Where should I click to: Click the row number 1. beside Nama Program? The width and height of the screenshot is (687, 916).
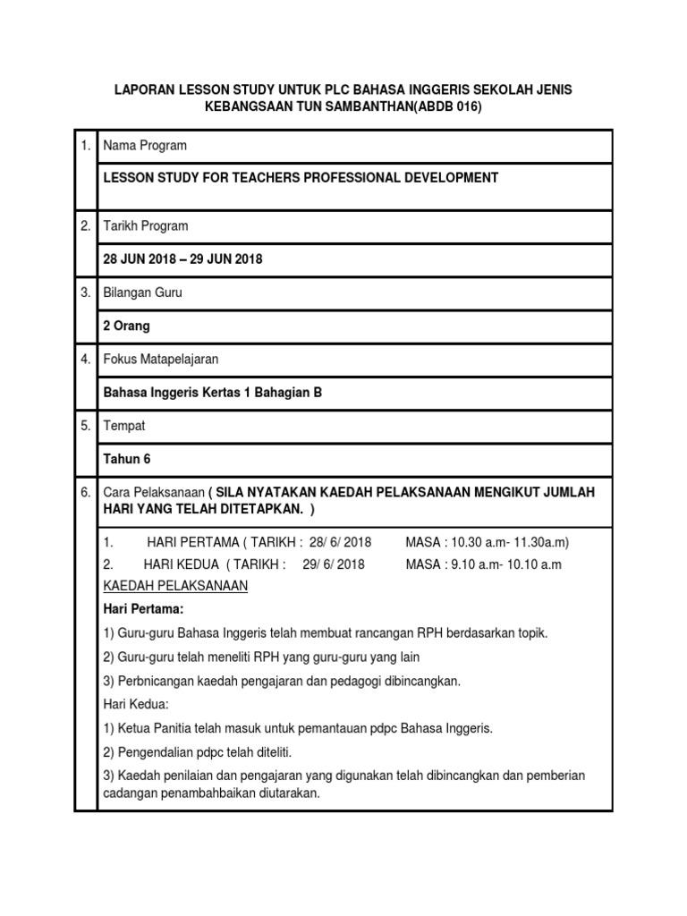pyautogui.click(x=86, y=146)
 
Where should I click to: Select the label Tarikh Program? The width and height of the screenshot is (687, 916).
pyautogui.click(x=146, y=226)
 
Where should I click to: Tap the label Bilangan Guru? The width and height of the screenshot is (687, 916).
pyautogui.click(x=143, y=293)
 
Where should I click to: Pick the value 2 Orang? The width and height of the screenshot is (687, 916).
pyautogui.click(x=127, y=327)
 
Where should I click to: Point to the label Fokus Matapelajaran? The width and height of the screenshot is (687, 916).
pyautogui.click(x=161, y=360)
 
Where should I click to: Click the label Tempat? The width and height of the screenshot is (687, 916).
pyautogui.click(x=124, y=426)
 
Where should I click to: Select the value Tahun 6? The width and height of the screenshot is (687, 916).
pyautogui.click(x=127, y=459)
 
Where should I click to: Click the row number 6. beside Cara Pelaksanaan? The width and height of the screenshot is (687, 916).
pyautogui.click(x=86, y=493)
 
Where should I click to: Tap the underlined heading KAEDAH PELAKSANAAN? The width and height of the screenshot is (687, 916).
pyautogui.click(x=175, y=586)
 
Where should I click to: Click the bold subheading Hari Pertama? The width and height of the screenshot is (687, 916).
pyautogui.click(x=143, y=609)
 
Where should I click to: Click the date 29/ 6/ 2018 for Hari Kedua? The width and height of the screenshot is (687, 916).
pyautogui.click(x=334, y=564)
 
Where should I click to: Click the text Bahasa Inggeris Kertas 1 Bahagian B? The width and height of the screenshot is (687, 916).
pyautogui.click(x=213, y=393)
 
